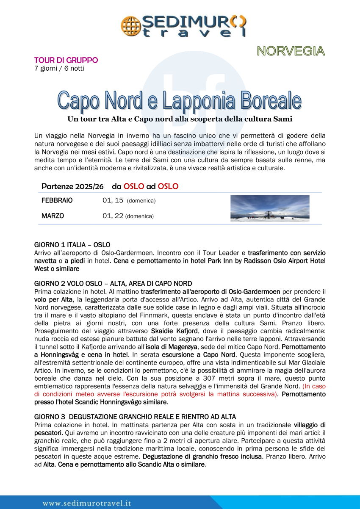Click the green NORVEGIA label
pyautogui.click(x=291, y=51)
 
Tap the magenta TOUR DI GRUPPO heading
pyautogui.click(x=66, y=60)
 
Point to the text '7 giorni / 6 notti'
pyautogui.click(x=59, y=68)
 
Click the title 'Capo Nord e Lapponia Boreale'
pyautogui.click(x=180, y=100)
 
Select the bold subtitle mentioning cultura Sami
pyautogui.click(x=180, y=119)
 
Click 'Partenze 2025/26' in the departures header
pyautogui.click(x=74, y=186)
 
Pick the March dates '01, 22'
pyautogui.click(x=113, y=216)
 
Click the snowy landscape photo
pyautogui.click(x=270, y=208)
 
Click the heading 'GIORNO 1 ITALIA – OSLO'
pyautogui.click(x=72, y=245)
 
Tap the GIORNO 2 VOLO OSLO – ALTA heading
pyautogui.click(x=113, y=283)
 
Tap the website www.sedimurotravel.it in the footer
pyautogui.click(x=86, y=503)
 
